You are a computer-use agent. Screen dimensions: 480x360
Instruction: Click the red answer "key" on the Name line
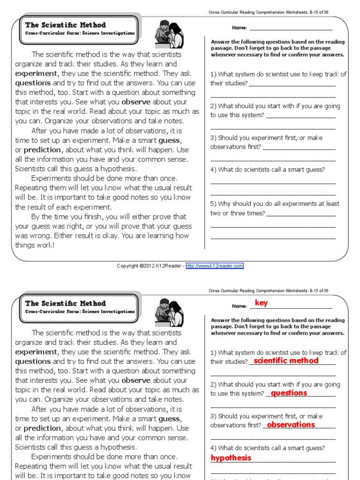tap(261, 303)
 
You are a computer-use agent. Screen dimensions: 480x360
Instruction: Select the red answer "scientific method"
tap(286, 360)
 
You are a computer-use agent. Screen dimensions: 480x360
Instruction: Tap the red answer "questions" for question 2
tap(289, 393)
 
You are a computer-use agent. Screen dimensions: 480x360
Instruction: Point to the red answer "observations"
tap(291, 425)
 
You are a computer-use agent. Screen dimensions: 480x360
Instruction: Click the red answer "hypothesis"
tap(231, 458)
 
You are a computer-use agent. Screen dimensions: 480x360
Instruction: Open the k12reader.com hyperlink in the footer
tap(215, 266)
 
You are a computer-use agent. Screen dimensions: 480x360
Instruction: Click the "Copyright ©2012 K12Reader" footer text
tap(150, 266)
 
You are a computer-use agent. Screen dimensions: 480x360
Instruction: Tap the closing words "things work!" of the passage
tap(35, 245)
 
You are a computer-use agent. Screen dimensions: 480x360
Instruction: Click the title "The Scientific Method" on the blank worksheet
tap(66, 25)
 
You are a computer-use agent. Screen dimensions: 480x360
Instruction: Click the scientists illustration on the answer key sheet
tap(169, 311)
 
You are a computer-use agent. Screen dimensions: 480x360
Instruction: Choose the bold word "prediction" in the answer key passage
tap(42, 428)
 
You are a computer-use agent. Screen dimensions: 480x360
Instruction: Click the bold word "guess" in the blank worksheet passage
tap(169, 140)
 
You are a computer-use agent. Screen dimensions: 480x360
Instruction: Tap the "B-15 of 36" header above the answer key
tap(318, 291)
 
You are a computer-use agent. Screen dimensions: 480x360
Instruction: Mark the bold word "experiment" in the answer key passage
tap(36, 352)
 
